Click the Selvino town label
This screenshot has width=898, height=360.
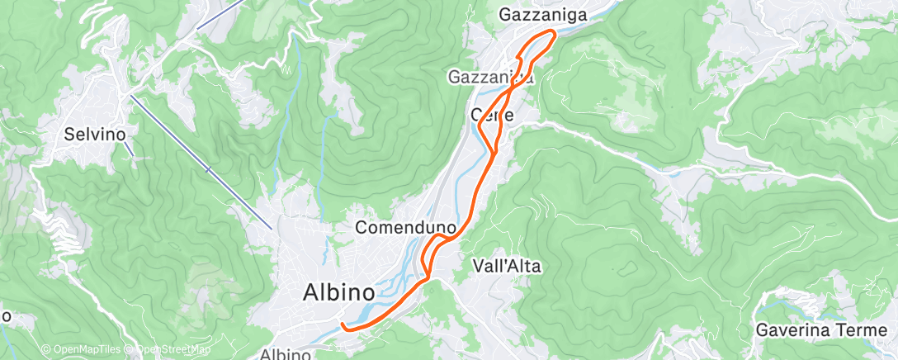(x=95, y=133)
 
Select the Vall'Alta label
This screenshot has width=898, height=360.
(x=508, y=266)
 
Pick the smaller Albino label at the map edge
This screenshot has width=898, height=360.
(x=286, y=355)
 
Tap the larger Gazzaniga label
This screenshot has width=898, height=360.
(x=543, y=15)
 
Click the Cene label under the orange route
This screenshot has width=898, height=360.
(x=492, y=116)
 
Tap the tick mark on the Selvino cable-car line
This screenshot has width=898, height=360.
(x=207, y=170)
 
